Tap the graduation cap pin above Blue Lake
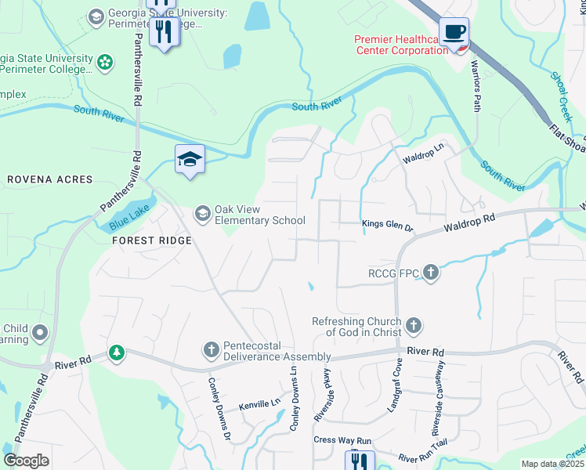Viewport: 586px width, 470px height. click(190, 160)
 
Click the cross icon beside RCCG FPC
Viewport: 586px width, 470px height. click(430, 273)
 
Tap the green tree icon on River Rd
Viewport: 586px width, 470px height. click(117, 353)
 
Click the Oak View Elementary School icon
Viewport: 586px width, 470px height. click(202, 213)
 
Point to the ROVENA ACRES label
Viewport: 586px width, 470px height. click(50, 179)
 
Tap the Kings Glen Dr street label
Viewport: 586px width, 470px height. click(387, 226)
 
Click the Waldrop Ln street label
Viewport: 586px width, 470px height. click(423, 153)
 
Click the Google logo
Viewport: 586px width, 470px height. click(27, 461)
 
